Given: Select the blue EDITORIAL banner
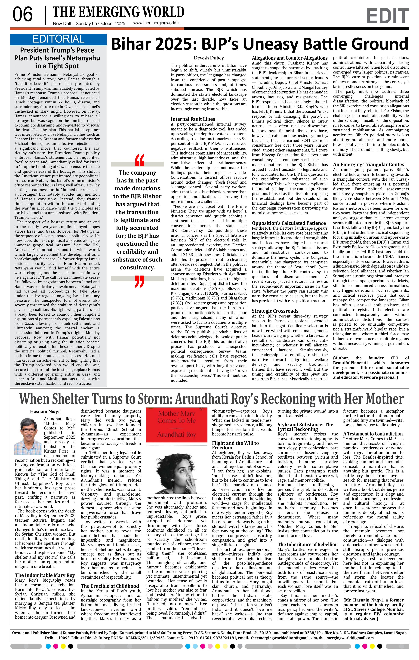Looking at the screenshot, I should coord(58,39).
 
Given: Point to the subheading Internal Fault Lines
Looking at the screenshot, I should coord(193,119).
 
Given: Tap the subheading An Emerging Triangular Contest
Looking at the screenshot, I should coord(369,164).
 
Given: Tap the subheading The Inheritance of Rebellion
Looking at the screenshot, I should coord(308,544).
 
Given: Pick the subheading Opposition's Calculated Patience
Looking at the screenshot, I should coord(289,223).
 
